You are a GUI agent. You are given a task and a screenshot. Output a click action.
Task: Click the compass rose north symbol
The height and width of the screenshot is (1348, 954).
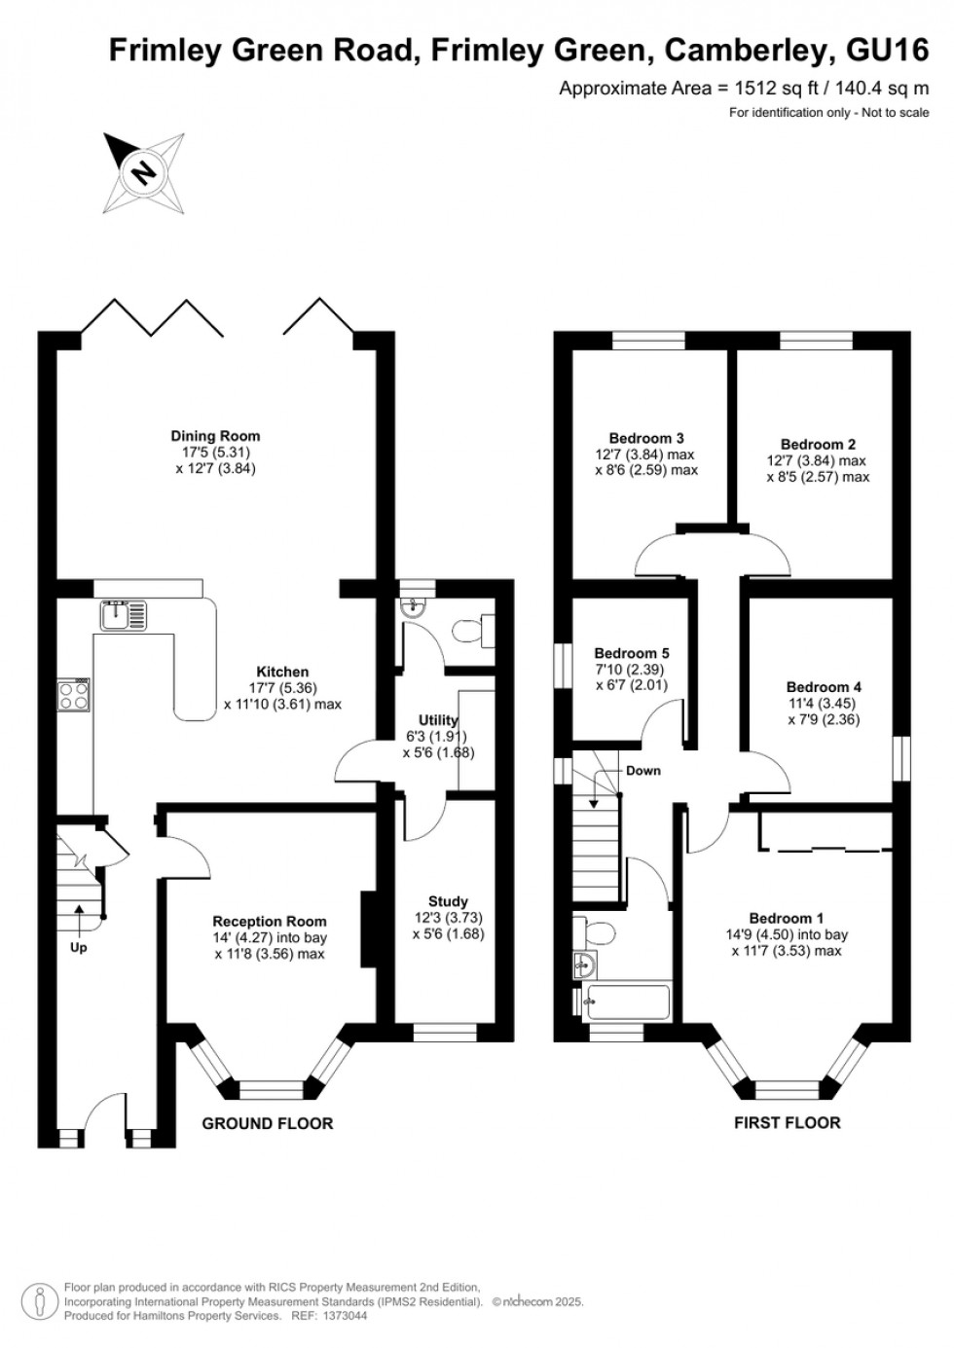point(145,172)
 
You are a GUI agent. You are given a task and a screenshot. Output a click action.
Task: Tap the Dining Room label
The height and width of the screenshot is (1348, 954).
point(215,436)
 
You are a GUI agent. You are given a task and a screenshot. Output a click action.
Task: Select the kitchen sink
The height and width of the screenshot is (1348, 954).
point(123,614)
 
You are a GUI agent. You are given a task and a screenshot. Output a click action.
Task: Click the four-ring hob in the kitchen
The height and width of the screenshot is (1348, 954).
point(74,695)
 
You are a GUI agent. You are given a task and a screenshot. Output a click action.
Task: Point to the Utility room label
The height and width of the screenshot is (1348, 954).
point(438,720)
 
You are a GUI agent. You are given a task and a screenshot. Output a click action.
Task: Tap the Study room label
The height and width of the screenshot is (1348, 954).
point(448,901)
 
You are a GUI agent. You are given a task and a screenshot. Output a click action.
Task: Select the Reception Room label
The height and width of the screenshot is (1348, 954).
point(270,921)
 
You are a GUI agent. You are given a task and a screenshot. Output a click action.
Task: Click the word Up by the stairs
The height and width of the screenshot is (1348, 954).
point(78,947)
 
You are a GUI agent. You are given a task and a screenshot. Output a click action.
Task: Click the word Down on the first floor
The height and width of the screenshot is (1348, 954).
point(642,770)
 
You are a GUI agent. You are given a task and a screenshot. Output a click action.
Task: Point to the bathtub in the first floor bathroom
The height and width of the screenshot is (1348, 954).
point(626,1002)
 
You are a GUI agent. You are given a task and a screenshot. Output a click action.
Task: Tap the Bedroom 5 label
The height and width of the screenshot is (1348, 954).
point(632,652)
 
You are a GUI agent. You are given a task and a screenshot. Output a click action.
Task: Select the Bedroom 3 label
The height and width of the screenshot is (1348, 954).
point(646,438)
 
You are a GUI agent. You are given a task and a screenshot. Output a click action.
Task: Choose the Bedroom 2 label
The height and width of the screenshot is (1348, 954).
point(818,444)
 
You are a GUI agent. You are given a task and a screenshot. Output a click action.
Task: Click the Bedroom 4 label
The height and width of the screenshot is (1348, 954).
point(824,686)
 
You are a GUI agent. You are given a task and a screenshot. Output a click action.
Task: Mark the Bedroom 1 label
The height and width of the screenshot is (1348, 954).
point(786,918)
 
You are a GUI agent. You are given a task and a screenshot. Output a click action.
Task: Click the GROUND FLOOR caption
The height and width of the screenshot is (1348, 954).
point(267,1123)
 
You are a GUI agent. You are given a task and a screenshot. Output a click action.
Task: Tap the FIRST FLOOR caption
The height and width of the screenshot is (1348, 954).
point(787,1122)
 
